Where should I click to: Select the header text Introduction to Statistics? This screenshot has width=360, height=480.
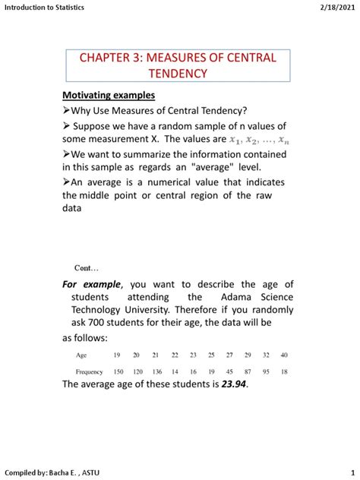coord(44,7)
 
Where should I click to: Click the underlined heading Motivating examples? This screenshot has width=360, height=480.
coord(108,95)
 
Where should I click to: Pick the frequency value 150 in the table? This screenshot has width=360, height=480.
coord(118,371)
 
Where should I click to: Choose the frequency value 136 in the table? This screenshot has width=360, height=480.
coord(156,371)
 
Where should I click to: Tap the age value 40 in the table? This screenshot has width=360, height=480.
coord(283,355)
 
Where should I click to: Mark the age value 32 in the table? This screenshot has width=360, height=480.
coord(264,355)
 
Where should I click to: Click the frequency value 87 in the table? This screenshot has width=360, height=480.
coord(246,371)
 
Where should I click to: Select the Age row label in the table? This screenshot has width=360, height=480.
coord(81,355)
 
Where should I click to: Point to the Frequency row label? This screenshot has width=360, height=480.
coord(89,371)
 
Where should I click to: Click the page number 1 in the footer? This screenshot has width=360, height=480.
coord(352,472)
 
